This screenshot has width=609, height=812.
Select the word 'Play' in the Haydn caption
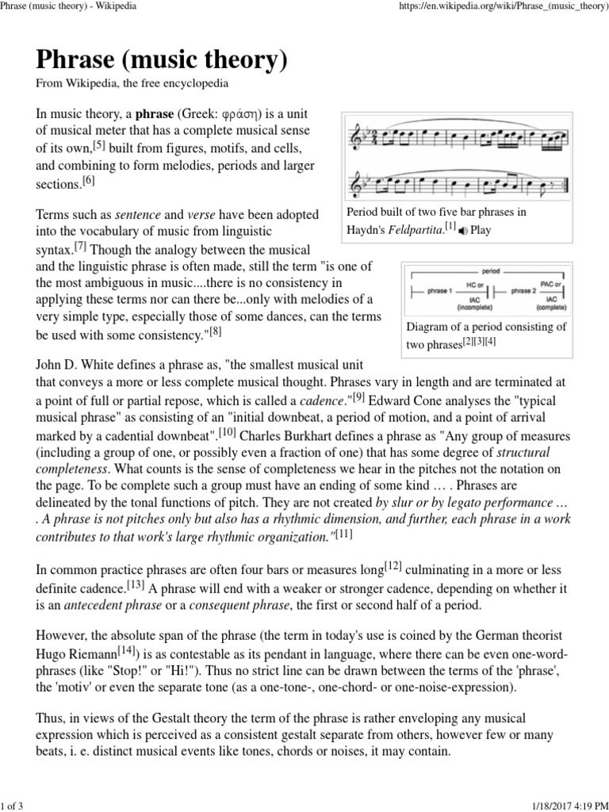coord(481,230)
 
